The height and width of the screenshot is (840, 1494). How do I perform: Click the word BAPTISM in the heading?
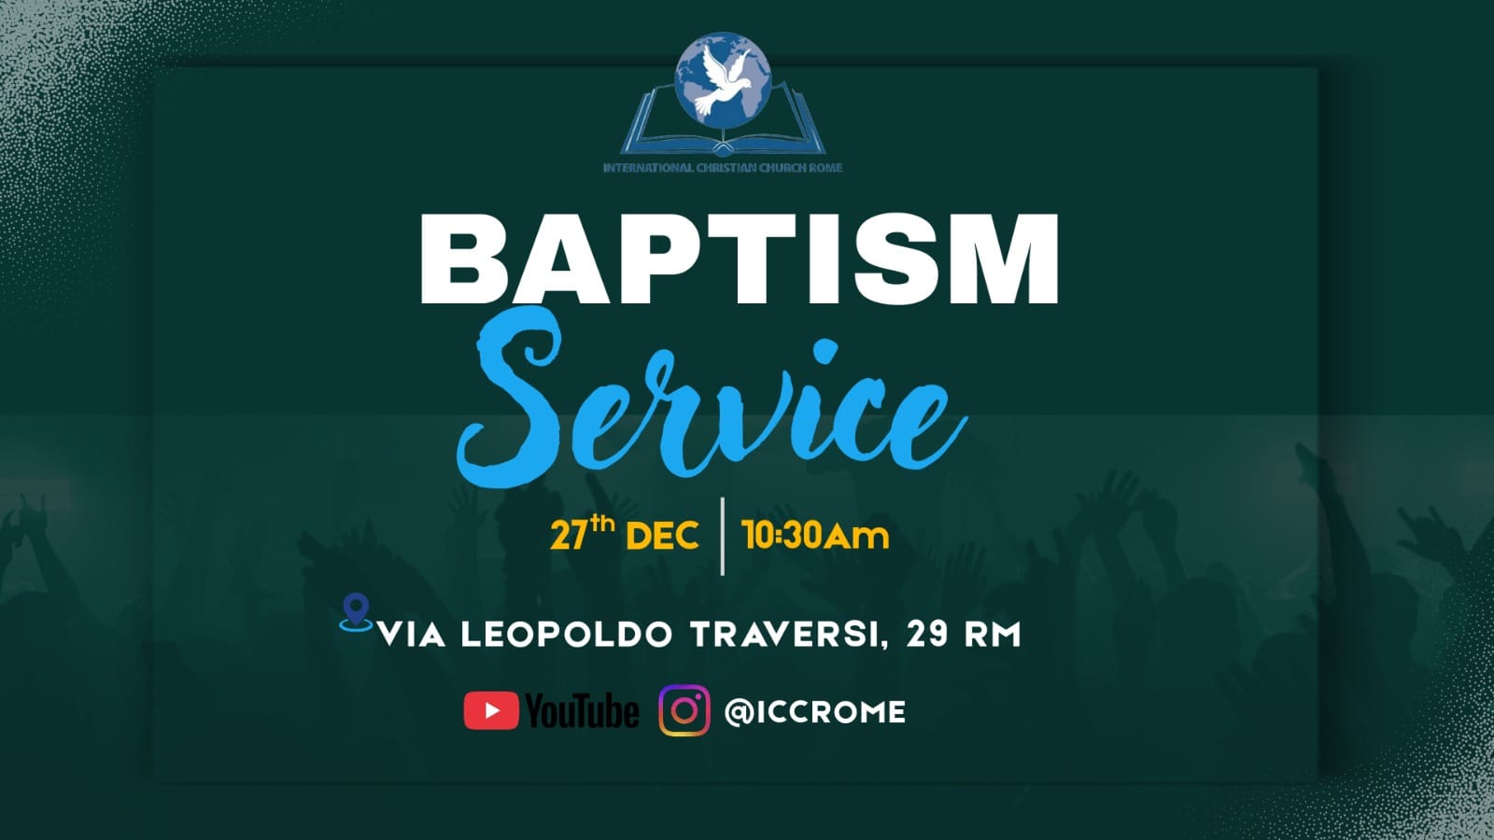click(x=739, y=259)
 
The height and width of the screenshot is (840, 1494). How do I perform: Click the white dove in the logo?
click(x=723, y=79)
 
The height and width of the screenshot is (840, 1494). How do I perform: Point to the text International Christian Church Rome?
click(x=723, y=167)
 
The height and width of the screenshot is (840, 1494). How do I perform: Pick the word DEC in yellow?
click(x=662, y=536)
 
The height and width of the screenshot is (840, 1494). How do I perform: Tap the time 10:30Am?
click(x=815, y=536)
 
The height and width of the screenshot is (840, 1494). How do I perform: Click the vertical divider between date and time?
click(x=723, y=536)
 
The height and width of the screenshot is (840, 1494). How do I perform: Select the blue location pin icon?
click(x=356, y=612)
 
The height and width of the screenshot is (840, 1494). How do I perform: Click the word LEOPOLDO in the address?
click(x=566, y=635)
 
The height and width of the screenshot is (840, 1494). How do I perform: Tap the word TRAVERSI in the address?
click(x=783, y=635)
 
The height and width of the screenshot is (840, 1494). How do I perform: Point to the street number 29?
click(x=926, y=635)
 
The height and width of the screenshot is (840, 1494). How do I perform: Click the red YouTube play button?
click(x=491, y=710)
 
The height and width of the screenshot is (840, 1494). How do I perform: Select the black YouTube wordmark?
click(x=582, y=710)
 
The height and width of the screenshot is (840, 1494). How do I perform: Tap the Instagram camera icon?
click(x=684, y=710)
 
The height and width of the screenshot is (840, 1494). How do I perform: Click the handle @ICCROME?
click(x=815, y=712)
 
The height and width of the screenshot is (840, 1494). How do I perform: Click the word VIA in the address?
click(x=412, y=635)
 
